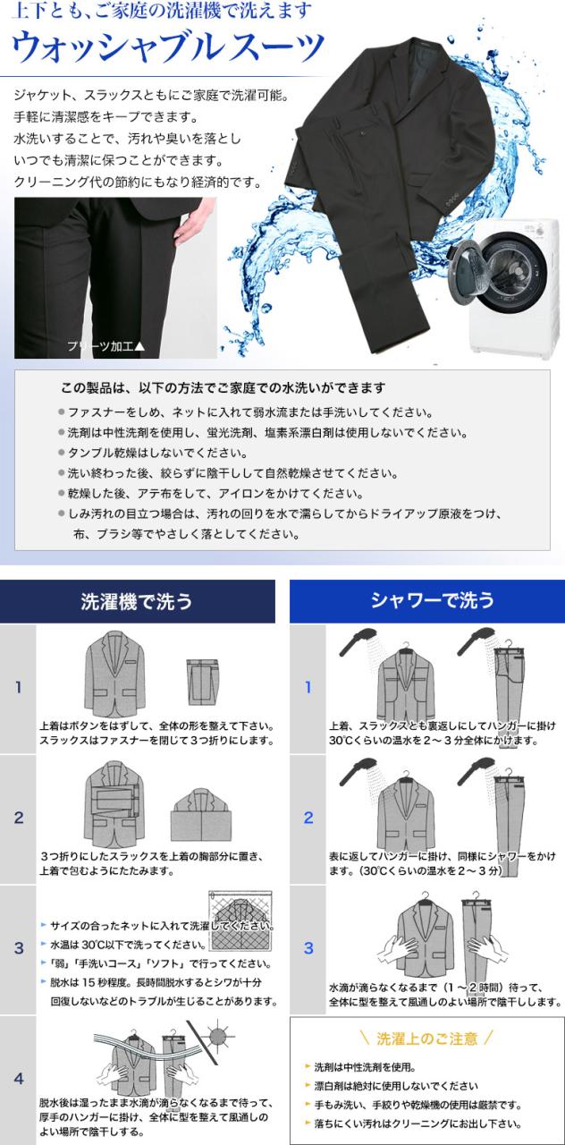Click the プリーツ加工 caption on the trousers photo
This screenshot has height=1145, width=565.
[106, 346]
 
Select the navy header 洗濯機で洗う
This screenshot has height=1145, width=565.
[137, 601]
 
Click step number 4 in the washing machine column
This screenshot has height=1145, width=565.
[19, 1079]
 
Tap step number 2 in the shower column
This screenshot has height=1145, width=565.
[308, 818]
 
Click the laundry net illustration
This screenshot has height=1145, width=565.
[240, 920]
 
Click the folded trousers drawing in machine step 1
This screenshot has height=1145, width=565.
[202, 683]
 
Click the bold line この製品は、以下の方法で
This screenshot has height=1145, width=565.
[223, 388]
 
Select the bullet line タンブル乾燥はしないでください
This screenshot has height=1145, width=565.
[157, 453]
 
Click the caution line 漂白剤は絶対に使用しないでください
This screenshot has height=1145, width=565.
[396, 1086]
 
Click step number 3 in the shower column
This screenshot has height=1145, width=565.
[308, 948]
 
